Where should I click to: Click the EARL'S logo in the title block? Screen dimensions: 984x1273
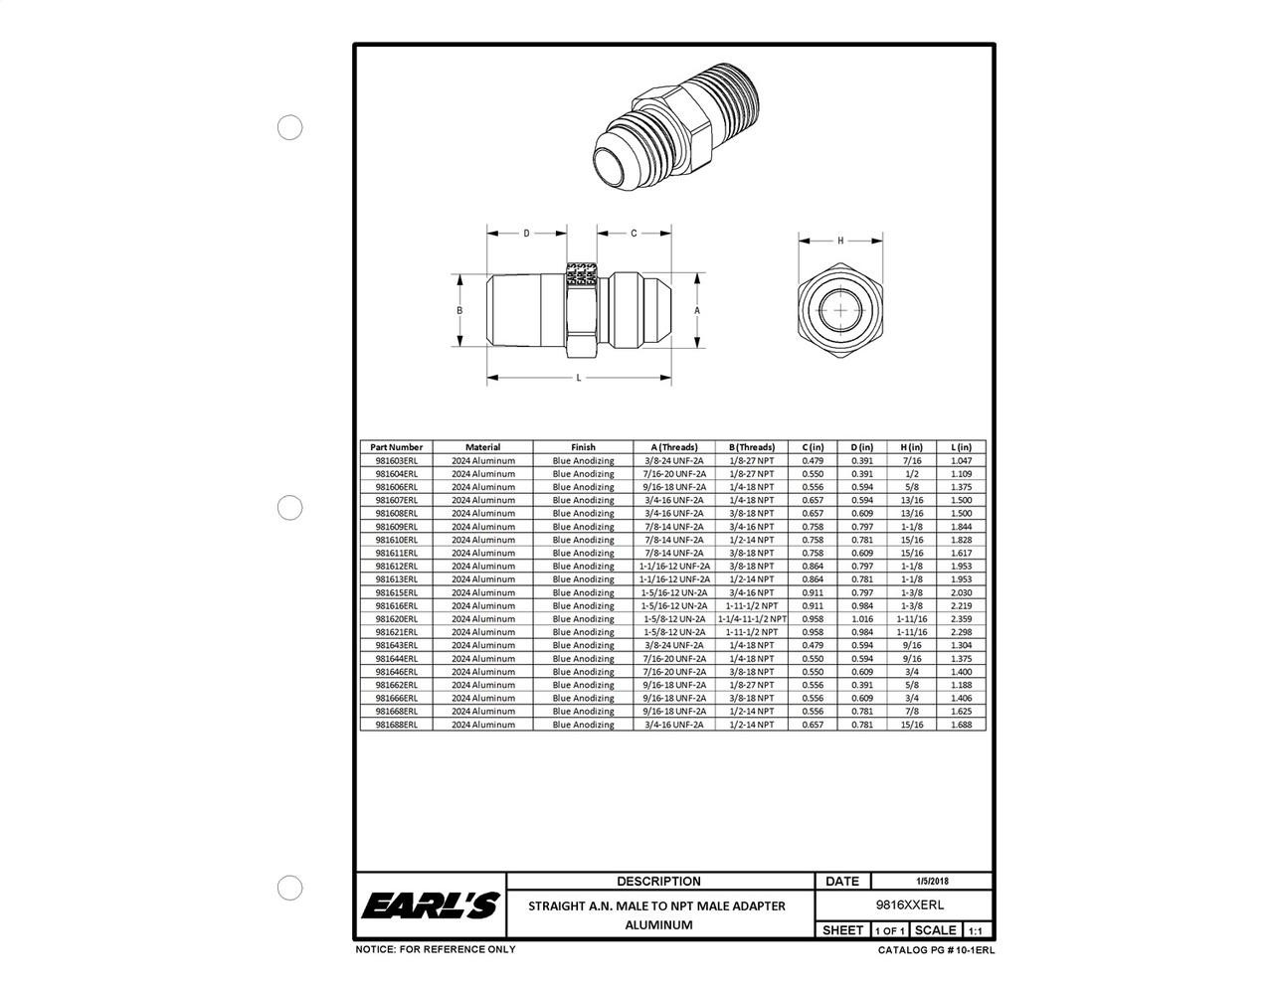(430, 905)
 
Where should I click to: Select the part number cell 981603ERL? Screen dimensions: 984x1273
(396, 460)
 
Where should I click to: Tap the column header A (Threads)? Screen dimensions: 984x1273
(674, 447)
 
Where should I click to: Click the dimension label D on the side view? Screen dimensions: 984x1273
(526, 234)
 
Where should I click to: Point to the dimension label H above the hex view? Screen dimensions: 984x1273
(840, 241)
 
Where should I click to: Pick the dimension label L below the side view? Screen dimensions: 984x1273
(579, 379)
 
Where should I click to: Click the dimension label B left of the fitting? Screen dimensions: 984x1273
(459, 310)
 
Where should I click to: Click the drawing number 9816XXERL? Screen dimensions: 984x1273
(903, 905)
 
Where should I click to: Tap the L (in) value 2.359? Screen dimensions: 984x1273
(961, 618)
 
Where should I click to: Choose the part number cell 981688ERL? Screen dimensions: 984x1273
(396, 725)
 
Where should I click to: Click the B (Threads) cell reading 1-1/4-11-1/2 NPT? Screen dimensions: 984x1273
(752, 618)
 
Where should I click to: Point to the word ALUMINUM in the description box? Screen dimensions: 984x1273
(658, 924)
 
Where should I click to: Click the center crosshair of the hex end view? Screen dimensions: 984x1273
(841, 310)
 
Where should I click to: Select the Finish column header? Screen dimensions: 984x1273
(583, 447)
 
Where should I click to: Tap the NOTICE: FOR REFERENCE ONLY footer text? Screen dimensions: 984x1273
(436, 949)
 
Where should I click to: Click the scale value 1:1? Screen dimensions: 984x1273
(976, 931)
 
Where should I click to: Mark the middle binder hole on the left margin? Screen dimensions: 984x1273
(289, 507)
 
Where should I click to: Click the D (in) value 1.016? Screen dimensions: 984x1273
(861, 618)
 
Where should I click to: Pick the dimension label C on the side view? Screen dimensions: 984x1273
(634, 234)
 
